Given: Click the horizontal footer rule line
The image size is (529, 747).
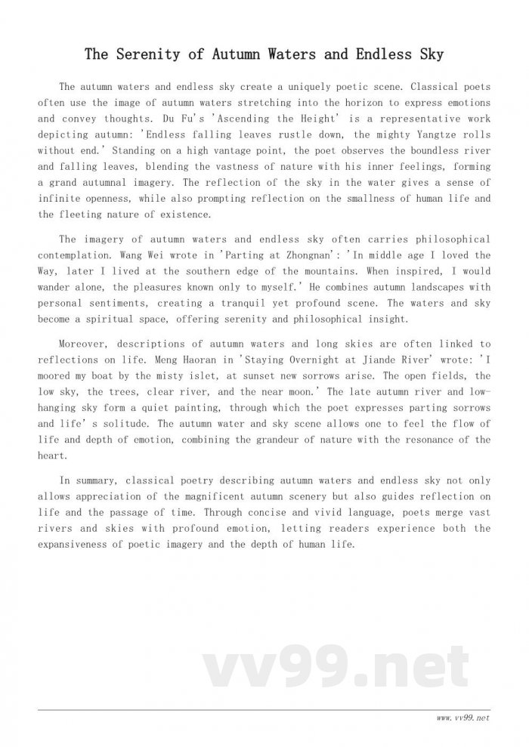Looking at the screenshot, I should [x=264, y=710].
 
